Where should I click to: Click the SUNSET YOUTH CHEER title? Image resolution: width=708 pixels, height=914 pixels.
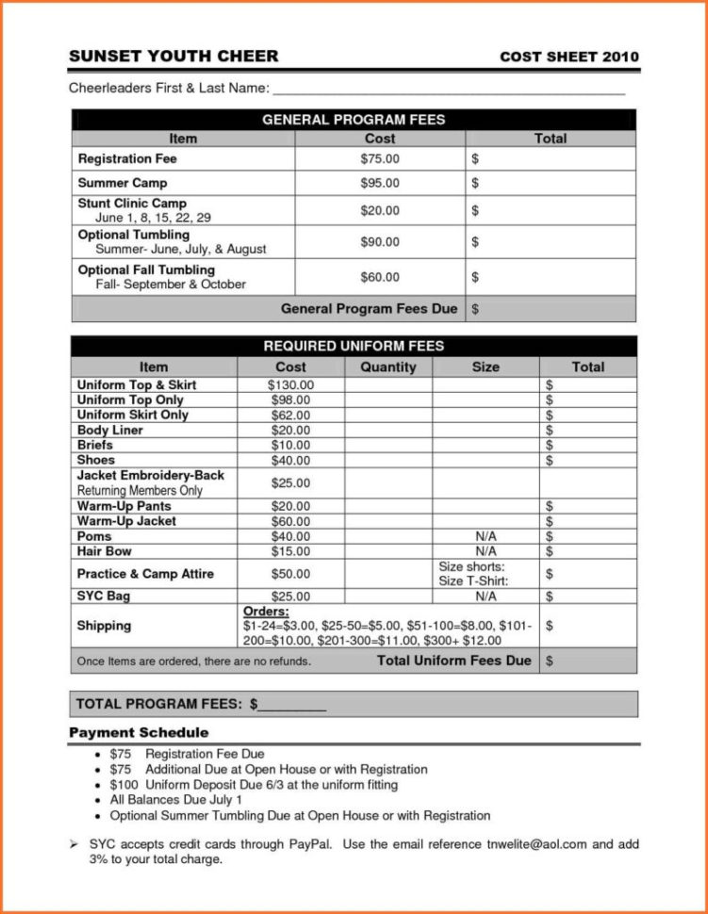tap(173, 57)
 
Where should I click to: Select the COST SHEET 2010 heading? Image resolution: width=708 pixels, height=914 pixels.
tap(568, 57)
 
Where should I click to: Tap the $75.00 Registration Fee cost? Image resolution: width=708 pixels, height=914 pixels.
tap(380, 159)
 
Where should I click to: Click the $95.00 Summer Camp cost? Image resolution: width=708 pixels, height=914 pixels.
tap(380, 183)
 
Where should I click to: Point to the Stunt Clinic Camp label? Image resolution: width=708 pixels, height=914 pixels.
tap(132, 204)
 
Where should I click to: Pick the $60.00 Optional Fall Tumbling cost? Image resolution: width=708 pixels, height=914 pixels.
tap(380, 277)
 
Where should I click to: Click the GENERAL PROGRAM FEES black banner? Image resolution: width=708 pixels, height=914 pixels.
tap(354, 120)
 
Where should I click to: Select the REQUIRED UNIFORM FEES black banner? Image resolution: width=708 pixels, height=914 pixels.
tap(354, 346)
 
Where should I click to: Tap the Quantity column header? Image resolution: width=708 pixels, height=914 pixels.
tap(387, 367)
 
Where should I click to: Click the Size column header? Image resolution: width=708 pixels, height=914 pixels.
tap(486, 367)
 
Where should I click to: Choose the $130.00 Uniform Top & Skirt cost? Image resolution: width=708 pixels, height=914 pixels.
tap(290, 385)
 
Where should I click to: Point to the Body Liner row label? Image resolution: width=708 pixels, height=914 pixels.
tap(110, 431)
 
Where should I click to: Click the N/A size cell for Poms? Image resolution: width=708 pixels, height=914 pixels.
tap(486, 536)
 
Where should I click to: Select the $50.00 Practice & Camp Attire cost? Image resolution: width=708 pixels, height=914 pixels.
tap(290, 573)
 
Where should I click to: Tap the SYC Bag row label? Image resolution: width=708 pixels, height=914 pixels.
tap(104, 596)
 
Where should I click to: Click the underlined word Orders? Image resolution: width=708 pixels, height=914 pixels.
tap(266, 612)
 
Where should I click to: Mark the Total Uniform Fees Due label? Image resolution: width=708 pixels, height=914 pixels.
tap(453, 661)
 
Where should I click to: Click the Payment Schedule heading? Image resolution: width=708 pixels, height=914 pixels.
tap(139, 732)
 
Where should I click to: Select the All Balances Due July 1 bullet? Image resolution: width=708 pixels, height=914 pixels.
tap(176, 800)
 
